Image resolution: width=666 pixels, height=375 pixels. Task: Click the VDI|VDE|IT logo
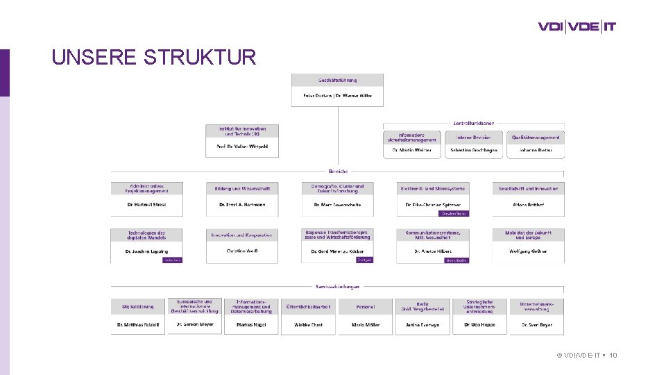577,27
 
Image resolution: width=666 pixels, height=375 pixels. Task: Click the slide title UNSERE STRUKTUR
154,57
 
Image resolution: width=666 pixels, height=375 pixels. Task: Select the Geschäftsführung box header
337,81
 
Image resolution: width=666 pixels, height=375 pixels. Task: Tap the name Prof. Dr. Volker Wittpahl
242,147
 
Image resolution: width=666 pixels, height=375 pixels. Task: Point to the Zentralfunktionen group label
474,124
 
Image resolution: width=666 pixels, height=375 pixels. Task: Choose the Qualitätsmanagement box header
535,137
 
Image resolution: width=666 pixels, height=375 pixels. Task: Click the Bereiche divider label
338,171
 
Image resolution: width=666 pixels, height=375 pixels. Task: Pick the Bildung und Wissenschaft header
242,188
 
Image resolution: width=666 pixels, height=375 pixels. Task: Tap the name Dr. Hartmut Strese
146,205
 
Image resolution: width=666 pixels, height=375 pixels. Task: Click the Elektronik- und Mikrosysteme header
433,188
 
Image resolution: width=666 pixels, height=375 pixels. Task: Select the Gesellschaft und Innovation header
528,188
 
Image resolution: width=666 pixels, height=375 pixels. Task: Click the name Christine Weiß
242,251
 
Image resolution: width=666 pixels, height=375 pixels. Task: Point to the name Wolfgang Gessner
528,251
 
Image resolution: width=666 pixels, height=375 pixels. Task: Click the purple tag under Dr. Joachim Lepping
172,260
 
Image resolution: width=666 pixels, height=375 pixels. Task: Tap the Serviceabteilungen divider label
338,286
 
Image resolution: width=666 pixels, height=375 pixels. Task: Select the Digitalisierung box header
138,306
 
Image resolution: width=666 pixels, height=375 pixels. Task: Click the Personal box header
366,306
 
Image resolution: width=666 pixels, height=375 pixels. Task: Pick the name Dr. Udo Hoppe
479,324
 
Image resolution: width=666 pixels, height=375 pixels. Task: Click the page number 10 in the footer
613,356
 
